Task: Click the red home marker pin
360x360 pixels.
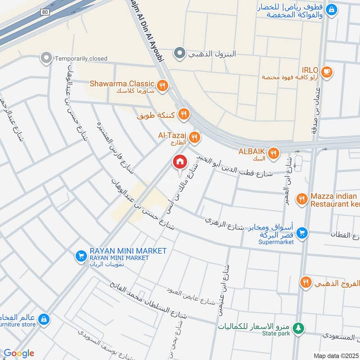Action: click(x=180, y=162)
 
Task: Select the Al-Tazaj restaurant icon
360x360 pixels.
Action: click(x=194, y=137)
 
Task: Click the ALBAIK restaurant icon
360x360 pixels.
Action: click(x=273, y=154)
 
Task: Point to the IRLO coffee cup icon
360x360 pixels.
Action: click(x=327, y=71)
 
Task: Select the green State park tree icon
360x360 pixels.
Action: click(x=297, y=328)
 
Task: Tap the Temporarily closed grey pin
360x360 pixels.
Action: click(x=45, y=58)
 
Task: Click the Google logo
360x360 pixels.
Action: click(x=19, y=353)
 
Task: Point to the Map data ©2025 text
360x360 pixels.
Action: click(x=336, y=355)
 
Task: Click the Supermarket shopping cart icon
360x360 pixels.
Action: click(x=302, y=232)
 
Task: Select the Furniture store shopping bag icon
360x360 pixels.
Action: click(x=43, y=319)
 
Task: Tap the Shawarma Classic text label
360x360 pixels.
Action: click(x=122, y=84)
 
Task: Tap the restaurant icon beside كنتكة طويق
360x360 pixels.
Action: click(x=183, y=114)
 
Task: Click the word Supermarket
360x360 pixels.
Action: click(x=276, y=242)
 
